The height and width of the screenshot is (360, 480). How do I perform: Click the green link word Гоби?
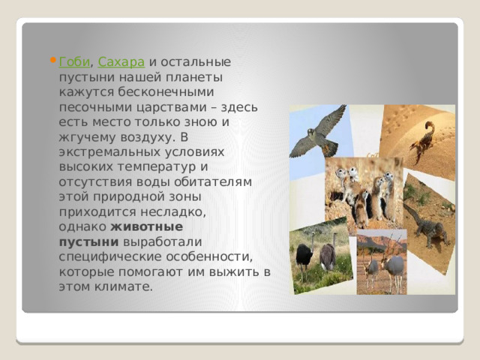coord(71,61)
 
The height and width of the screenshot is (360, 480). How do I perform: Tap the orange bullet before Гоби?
coord(52,61)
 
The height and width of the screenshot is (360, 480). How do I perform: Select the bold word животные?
coord(147,226)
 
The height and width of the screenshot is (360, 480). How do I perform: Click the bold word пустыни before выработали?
coord(88,241)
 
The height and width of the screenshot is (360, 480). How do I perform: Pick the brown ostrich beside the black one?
coord(328,256)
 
